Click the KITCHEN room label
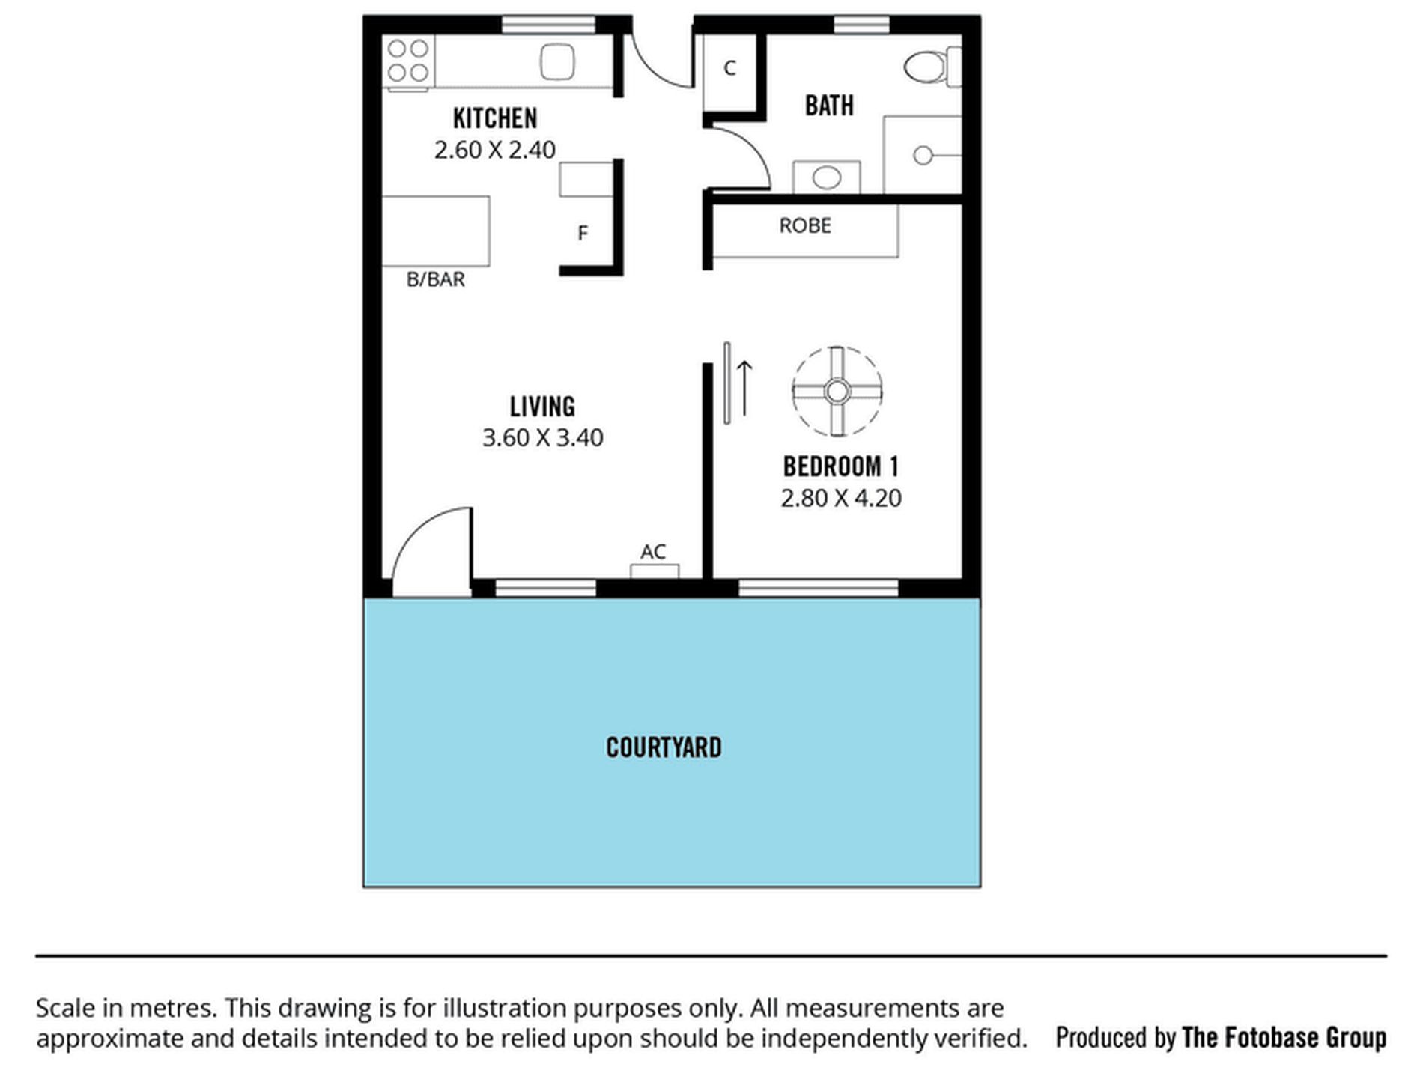(495, 118)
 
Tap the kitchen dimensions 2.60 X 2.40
(495, 150)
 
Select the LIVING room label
(542, 407)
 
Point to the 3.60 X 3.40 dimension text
(542, 437)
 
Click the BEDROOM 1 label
(840, 466)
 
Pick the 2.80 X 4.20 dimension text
(840, 498)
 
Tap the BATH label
(829, 106)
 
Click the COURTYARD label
(664, 747)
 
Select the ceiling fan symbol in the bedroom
(837, 391)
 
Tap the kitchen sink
(557, 61)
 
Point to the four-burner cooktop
(408, 61)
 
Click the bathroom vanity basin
(826, 177)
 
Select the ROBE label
(805, 225)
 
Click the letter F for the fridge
(583, 234)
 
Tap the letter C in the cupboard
(730, 68)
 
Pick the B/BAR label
(435, 279)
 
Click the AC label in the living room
(653, 552)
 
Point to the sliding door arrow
(744, 388)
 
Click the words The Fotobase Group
(1284, 1038)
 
